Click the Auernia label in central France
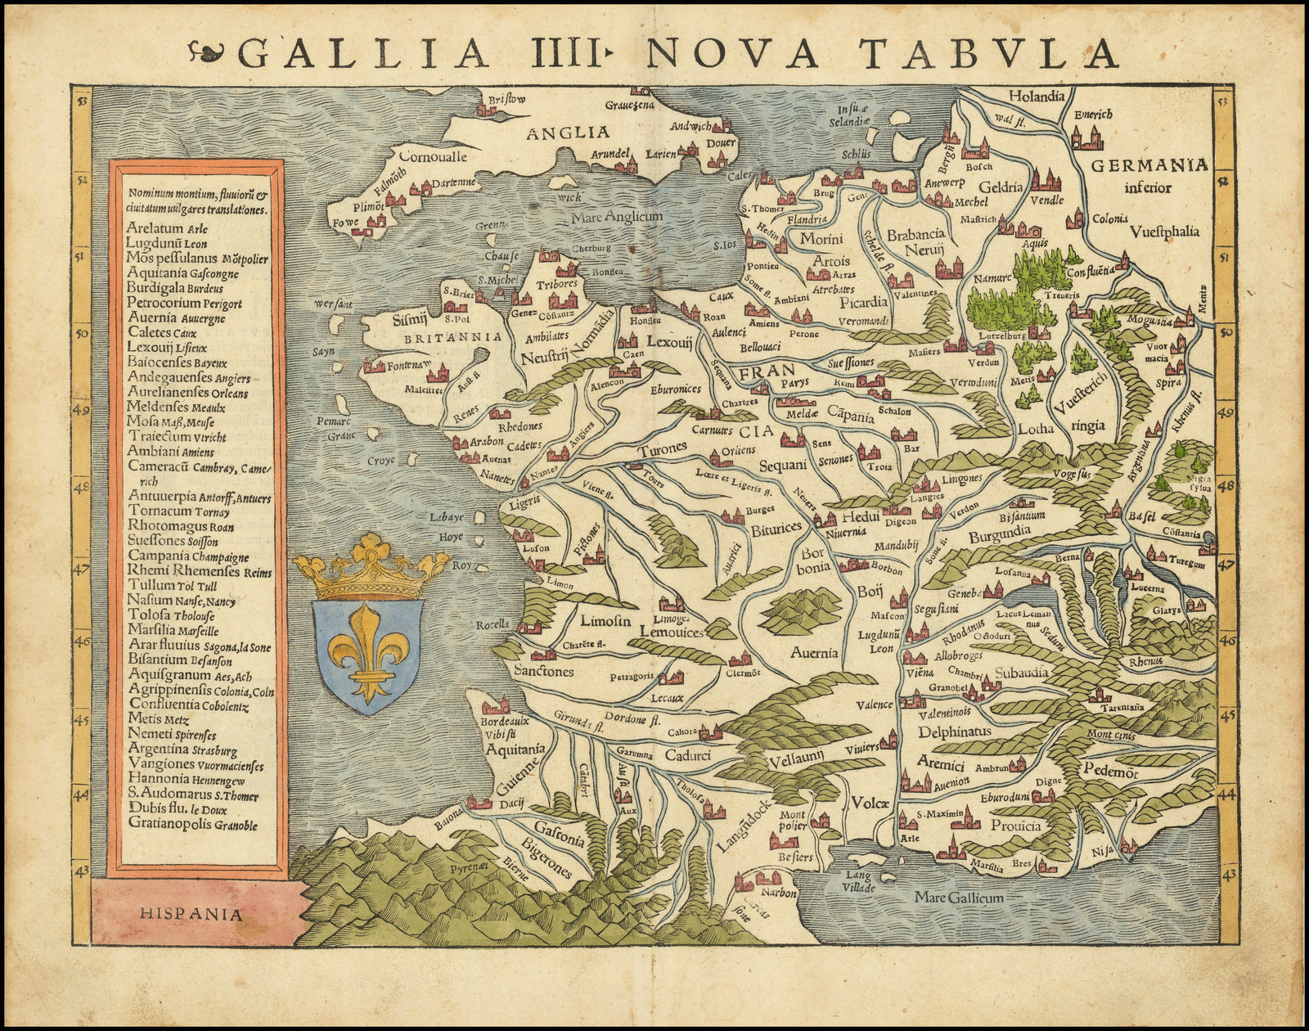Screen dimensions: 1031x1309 [814, 652]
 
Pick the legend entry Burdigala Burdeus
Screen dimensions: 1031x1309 [175, 288]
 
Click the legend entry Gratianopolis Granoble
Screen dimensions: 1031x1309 [192, 825]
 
